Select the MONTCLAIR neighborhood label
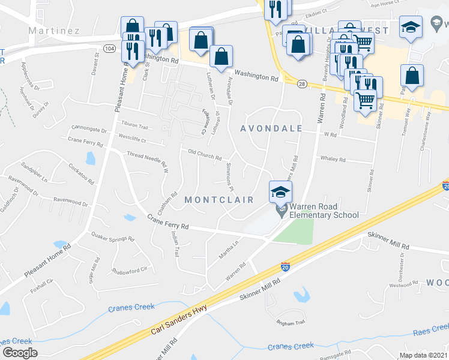point(219,199)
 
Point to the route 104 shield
point(109,48)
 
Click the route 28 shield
point(301,83)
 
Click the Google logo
point(20,352)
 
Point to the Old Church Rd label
point(205,154)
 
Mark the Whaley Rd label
point(333,160)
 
